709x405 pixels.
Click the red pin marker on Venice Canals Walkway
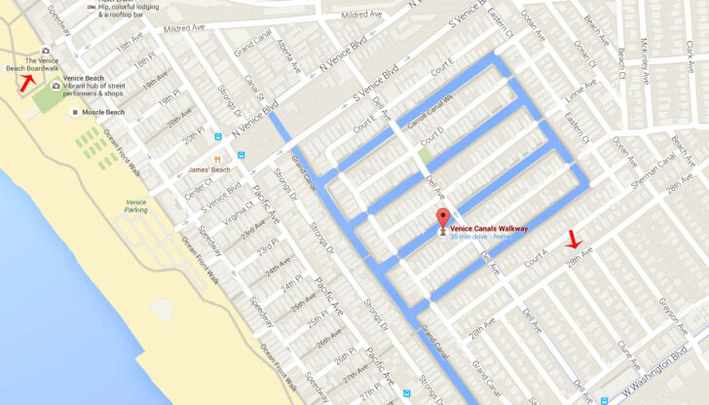pos(443,219)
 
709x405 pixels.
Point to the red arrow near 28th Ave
pos(574,239)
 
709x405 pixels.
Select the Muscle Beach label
pos(103,113)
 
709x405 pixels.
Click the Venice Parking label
pos(136,205)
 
